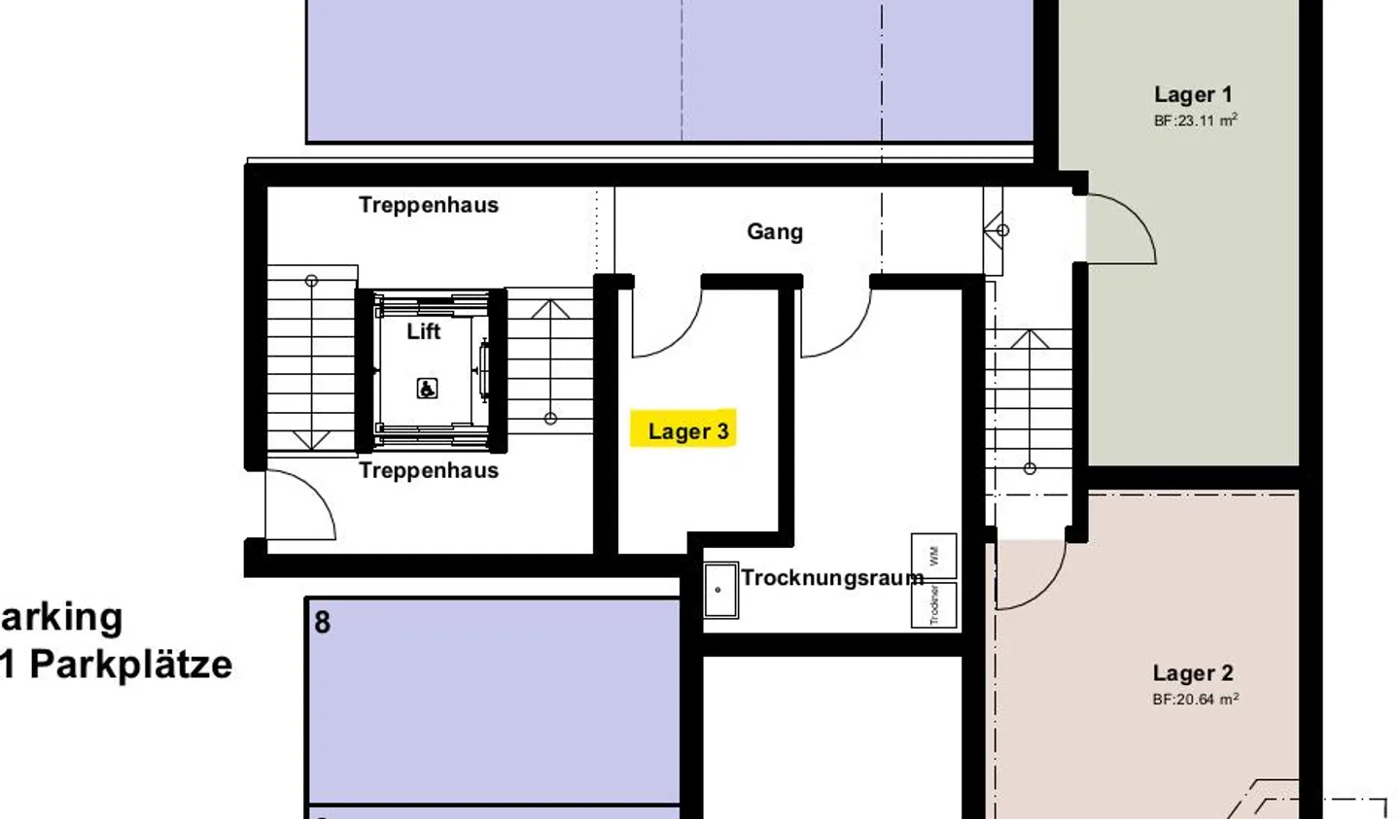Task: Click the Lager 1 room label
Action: tap(1193, 94)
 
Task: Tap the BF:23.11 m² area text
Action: tap(1195, 120)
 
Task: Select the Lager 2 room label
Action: tap(1193, 673)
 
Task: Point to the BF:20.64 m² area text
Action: tap(1195, 700)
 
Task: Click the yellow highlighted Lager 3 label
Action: tap(687, 430)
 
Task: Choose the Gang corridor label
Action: tap(775, 231)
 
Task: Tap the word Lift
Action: tap(424, 331)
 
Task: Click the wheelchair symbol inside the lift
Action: tap(427, 389)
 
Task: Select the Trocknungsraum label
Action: tap(832, 577)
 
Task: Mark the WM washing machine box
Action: tap(933, 556)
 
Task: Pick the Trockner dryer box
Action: tap(933, 604)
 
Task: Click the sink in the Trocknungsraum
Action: tap(720, 590)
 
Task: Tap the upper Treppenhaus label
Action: tap(429, 205)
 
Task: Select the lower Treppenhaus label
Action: tap(429, 470)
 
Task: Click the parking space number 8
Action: tap(323, 622)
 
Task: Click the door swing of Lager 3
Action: tap(671, 325)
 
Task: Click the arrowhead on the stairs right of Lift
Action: tap(550, 310)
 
